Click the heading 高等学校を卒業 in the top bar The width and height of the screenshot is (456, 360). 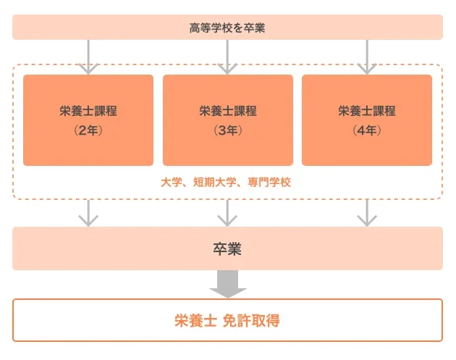(227, 28)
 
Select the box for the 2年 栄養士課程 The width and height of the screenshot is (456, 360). (88, 120)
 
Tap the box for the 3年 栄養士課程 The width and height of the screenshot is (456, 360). (227, 120)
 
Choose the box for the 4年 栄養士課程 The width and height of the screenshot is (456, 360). (366, 120)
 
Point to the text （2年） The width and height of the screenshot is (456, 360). (88, 131)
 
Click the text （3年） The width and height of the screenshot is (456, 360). (227, 131)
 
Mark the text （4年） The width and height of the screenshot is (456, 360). (366, 131)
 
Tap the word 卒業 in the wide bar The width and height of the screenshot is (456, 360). (227, 249)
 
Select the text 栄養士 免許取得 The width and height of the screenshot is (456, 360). (227, 321)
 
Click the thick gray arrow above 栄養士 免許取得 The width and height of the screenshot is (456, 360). (227, 284)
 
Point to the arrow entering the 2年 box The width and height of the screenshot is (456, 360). (88, 58)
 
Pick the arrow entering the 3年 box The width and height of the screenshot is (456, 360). (227, 58)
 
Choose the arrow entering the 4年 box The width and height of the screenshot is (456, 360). (366, 58)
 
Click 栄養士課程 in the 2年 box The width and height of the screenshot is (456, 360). (88, 112)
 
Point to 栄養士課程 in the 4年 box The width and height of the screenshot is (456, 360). (366, 112)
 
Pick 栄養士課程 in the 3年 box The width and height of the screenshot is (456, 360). (227, 112)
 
